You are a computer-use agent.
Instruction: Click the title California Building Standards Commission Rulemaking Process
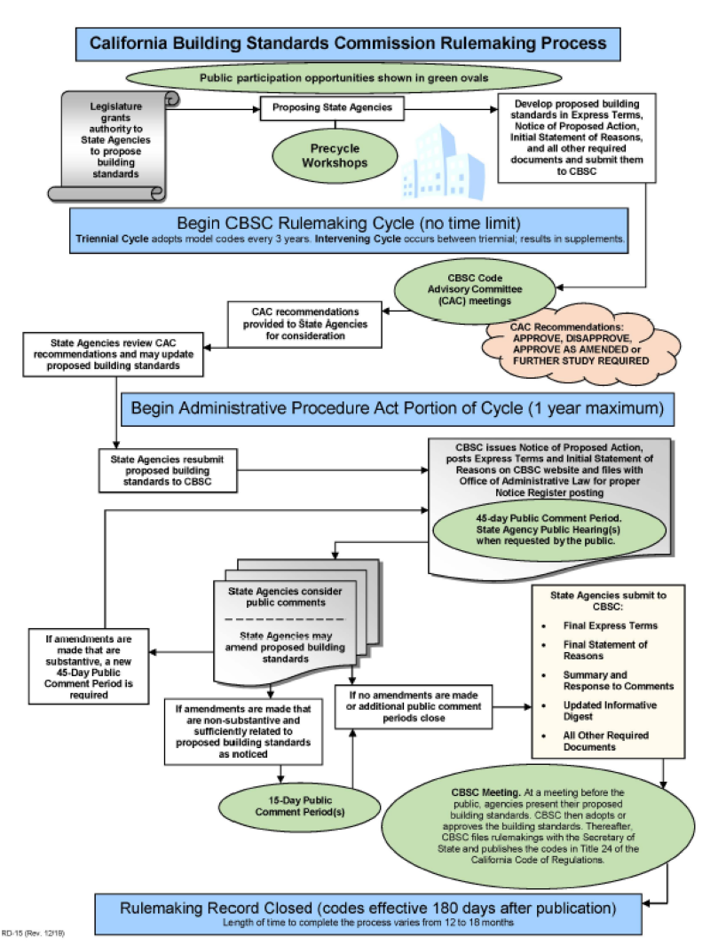pyautogui.click(x=348, y=43)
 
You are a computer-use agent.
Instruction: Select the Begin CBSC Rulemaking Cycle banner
pyautogui.click(x=350, y=228)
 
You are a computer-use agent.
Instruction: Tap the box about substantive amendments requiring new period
pyautogui.click(x=85, y=665)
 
